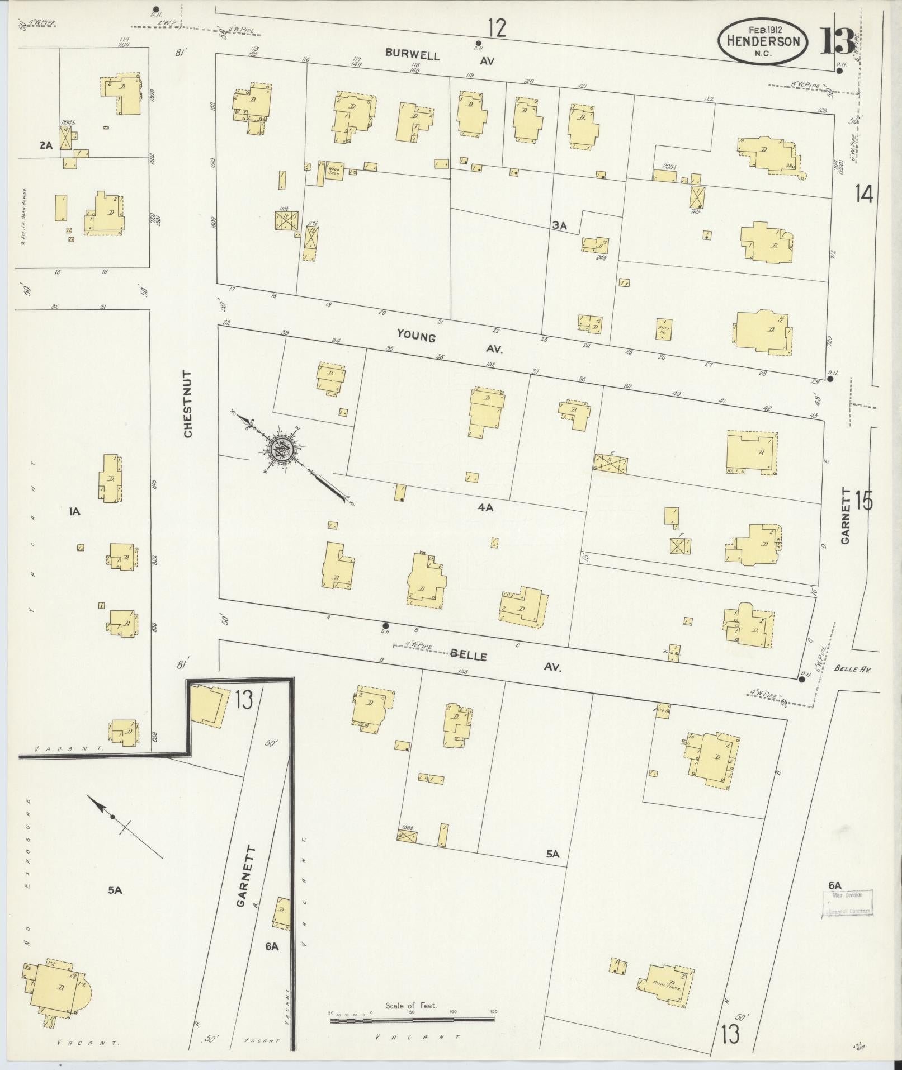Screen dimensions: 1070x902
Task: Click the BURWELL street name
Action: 412,55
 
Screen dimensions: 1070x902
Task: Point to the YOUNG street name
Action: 416,335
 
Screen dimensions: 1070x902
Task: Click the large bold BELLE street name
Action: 469,656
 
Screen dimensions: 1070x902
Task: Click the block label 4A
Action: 485,508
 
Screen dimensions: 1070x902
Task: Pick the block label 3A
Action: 559,225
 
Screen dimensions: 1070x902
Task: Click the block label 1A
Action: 74,511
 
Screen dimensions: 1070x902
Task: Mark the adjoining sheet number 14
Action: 863,195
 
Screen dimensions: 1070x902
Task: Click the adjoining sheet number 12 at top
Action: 496,28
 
